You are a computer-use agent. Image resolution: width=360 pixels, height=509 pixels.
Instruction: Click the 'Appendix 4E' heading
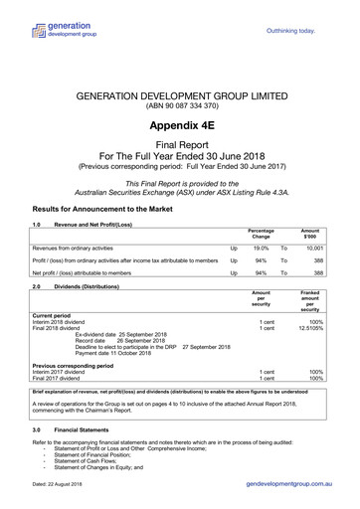pos(179,126)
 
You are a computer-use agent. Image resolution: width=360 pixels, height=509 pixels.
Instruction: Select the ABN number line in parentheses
pos(179,107)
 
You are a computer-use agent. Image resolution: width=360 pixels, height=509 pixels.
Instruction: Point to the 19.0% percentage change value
pos(261,246)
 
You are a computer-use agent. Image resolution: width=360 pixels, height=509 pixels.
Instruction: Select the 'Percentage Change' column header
pos(261,233)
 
